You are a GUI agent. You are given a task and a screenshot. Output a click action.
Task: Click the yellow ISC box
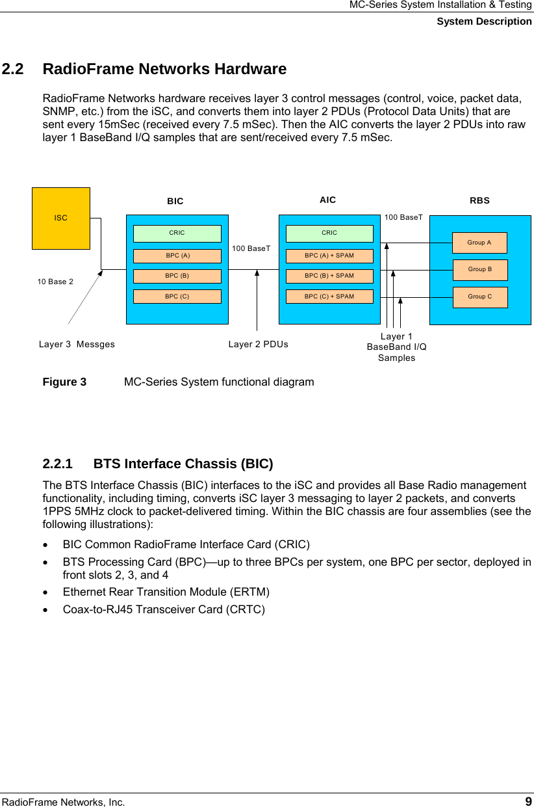(61, 218)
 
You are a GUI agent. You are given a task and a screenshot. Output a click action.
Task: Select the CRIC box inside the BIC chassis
(177, 233)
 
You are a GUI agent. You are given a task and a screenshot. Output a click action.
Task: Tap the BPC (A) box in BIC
(177, 256)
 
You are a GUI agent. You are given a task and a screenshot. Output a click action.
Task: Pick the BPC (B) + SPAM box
(329, 276)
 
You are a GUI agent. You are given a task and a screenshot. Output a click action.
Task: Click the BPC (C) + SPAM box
(329, 297)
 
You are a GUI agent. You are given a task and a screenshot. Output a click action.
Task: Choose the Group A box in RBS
(479, 243)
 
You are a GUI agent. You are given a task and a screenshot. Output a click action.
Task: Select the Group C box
(479, 297)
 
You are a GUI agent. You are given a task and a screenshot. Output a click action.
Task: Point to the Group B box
(479, 269)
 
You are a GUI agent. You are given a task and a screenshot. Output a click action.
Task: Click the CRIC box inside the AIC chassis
(329, 233)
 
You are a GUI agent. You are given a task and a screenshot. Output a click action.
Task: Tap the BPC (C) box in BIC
(177, 297)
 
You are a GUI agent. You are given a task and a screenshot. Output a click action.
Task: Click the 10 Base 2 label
(55, 282)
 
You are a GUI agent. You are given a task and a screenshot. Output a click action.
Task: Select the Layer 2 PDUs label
(259, 345)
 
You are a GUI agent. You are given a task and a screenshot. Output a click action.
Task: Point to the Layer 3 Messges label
(77, 345)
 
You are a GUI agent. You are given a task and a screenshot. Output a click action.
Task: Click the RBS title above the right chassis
(479, 201)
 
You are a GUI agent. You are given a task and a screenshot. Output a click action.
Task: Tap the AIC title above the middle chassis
(328, 200)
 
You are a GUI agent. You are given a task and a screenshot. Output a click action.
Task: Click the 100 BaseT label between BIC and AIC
(251, 248)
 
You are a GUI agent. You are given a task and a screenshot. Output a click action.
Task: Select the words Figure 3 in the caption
(64, 382)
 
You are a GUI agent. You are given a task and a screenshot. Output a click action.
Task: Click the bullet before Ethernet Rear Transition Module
(46, 592)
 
